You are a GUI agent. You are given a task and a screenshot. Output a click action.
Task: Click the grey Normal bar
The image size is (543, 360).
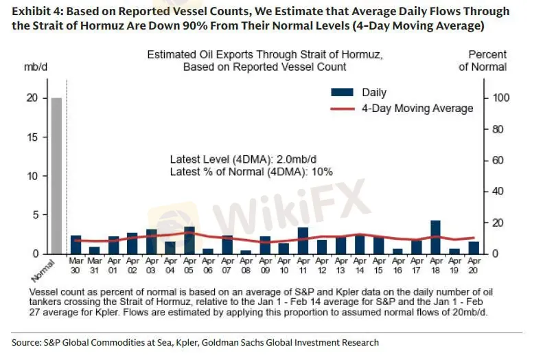coord(56,176)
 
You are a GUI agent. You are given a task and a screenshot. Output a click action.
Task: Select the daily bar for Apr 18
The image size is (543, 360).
coord(435,238)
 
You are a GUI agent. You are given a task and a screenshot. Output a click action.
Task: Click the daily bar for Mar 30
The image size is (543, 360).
coord(76,245)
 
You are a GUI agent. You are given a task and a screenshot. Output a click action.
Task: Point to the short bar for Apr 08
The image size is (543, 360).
coord(246,251)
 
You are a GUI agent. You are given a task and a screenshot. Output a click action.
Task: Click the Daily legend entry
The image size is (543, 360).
coord(360,93)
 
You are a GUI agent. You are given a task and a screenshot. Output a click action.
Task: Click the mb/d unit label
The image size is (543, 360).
coord(34,67)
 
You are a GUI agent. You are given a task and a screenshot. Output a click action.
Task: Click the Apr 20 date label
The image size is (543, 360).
coord(473,265)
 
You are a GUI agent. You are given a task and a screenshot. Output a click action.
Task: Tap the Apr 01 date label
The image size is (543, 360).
coord(113,265)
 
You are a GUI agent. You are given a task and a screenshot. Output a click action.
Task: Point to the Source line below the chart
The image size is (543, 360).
coord(195,342)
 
